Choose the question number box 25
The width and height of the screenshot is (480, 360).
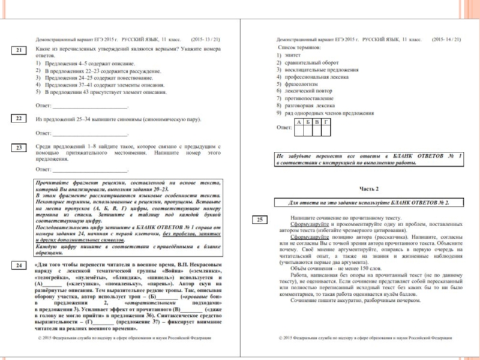coord(259,220)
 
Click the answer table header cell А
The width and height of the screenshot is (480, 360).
coord(299,122)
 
